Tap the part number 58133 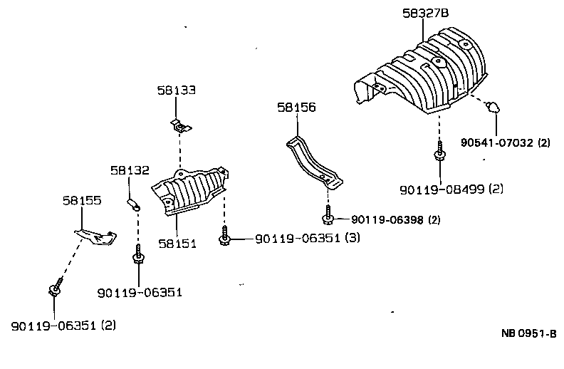click(177, 90)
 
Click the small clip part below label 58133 click(182, 127)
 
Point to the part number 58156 click(296, 108)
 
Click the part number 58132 click(130, 170)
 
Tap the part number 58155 click(82, 202)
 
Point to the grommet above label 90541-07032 click(491, 108)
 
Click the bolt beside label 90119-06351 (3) click(225, 237)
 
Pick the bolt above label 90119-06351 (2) click(54, 289)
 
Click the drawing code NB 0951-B click(528, 333)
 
